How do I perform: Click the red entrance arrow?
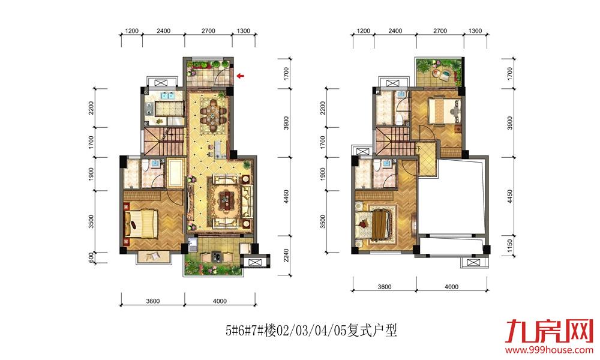click(241, 76)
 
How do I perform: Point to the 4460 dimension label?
click(287, 197)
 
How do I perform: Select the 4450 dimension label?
click(509, 196)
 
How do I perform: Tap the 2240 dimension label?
click(287, 256)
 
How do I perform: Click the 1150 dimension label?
click(509, 245)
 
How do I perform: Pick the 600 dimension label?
click(91, 257)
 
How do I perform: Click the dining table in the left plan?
click(214, 113)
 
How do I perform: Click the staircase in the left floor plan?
click(165, 141)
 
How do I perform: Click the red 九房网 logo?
click(549, 331)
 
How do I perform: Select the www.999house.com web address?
click(549, 350)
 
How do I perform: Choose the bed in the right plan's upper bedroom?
click(444, 110)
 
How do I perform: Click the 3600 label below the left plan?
click(152, 301)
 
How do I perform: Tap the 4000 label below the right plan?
click(452, 287)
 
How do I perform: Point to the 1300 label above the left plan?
click(244, 31)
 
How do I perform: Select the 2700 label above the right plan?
click(440, 31)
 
